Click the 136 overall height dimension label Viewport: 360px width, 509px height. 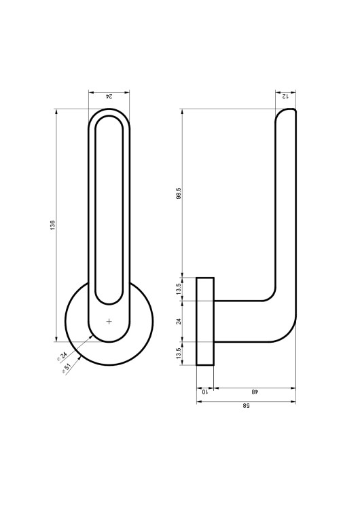coord(52,225)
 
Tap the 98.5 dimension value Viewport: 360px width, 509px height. coord(179,193)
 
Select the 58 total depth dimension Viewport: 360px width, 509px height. coord(247,406)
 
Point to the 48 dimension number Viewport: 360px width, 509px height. coord(255,392)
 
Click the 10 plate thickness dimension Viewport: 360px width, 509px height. coord(204,392)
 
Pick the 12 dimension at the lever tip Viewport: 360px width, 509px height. coord(285,96)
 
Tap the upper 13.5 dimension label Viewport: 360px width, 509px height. coord(178,289)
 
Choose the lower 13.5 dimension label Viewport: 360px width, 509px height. coord(178,353)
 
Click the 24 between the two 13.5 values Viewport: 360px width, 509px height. coord(178,322)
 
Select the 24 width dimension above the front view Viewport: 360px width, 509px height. coord(109,96)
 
